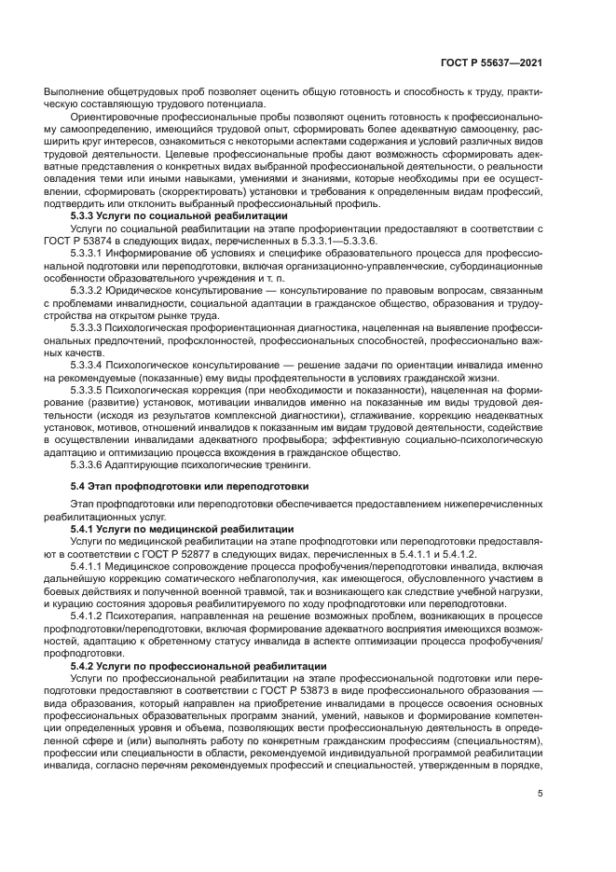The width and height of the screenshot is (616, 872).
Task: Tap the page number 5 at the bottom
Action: tap(541, 795)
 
